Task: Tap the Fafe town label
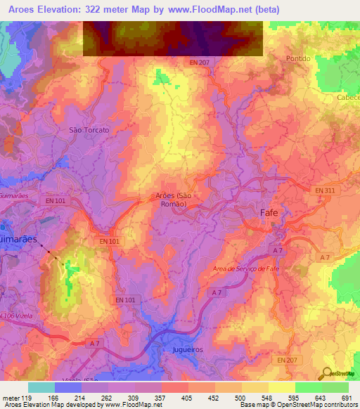(x=270, y=212)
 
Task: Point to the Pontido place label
(x=298, y=58)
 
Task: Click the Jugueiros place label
(x=186, y=349)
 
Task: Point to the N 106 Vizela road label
(x=19, y=316)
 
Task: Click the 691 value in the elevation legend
(x=346, y=397)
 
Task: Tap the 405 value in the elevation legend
(x=186, y=397)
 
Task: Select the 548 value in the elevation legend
(x=266, y=397)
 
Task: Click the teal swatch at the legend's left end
(x=41, y=387)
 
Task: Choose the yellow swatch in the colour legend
(x=282, y=387)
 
